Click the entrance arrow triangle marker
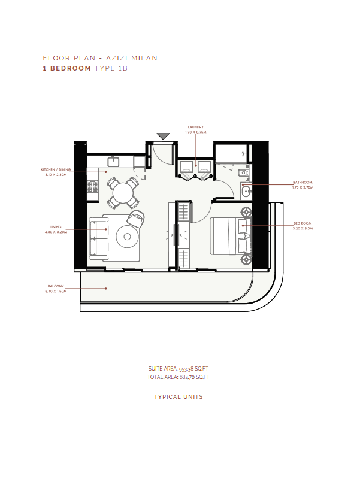(163, 136)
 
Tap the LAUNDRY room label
(196, 127)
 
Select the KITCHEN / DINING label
(56, 169)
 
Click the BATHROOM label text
(302, 182)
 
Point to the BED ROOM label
(302, 223)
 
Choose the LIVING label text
(56, 227)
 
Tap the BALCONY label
(56, 286)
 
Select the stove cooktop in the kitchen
(92, 186)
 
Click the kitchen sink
(113, 162)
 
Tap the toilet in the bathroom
(243, 172)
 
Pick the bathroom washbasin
(246, 190)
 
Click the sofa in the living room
(98, 238)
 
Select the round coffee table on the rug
(127, 237)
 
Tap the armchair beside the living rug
(136, 218)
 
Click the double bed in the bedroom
(229, 235)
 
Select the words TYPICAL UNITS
(179, 397)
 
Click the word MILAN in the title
(144, 58)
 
